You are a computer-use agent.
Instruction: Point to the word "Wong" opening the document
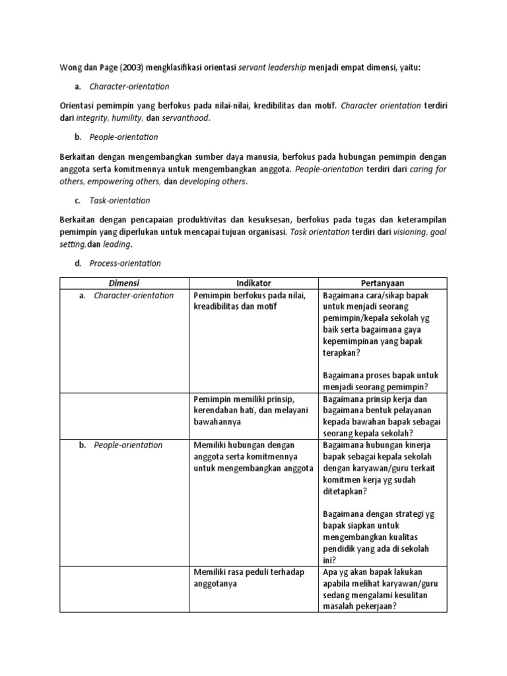(72, 67)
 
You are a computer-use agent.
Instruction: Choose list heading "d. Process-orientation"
(125, 263)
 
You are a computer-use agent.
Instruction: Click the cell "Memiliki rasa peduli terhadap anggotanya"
(250, 578)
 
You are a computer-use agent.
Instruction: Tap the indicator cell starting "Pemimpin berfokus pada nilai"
(250, 301)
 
